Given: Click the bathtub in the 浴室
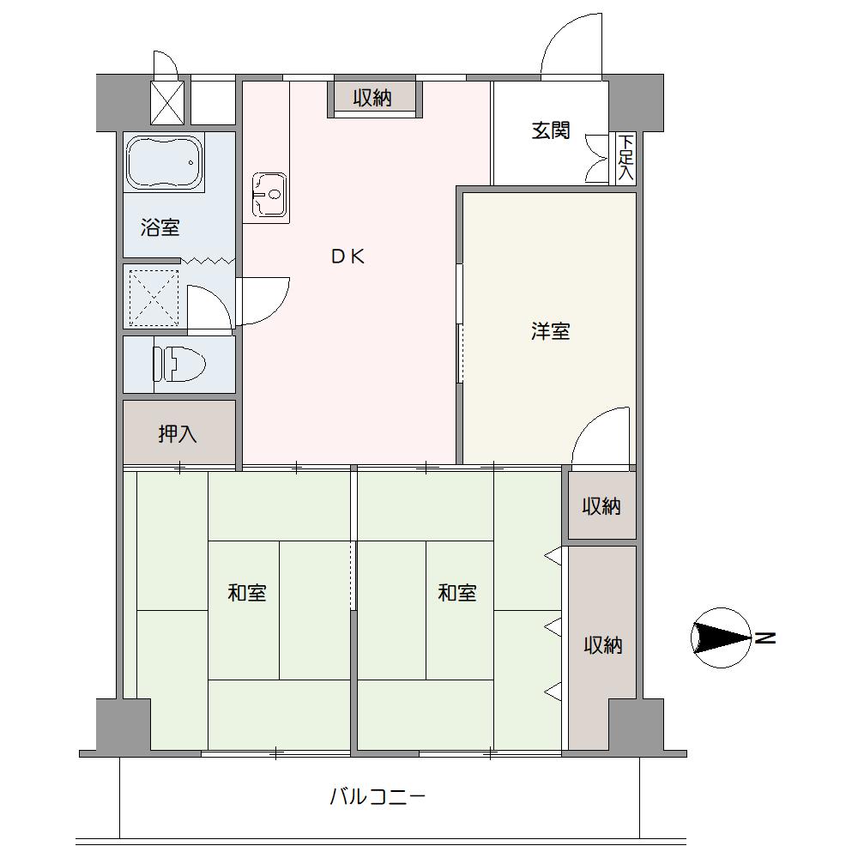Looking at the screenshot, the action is [165, 162].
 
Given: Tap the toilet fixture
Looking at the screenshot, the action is [179, 364].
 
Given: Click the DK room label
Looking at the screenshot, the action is [348, 256].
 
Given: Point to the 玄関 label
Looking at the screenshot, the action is [551, 130].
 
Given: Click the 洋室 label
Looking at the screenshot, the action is [551, 331].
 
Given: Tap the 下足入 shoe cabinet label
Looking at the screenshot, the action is [626, 158].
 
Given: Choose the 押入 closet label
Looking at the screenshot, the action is [178, 434].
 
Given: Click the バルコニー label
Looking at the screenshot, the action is [377, 796].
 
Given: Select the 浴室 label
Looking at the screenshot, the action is [160, 227].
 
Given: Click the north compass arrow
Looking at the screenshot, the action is [722, 637].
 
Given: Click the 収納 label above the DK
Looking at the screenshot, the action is [372, 98].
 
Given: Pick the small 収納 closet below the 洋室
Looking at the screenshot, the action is [601, 505].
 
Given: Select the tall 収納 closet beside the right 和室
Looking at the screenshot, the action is [602, 646].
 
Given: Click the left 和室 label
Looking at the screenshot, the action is [247, 593].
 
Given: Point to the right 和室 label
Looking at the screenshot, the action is [457, 593].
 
